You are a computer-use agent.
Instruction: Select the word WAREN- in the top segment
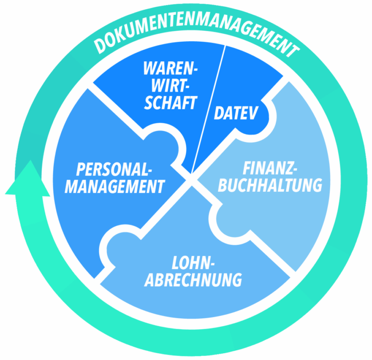(171, 69)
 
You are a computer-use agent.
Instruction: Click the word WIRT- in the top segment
(171, 86)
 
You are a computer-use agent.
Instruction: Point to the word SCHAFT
(171, 103)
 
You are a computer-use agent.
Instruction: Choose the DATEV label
(236, 113)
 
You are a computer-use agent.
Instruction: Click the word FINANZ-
(270, 168)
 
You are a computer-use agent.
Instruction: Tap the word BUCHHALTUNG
(270, 185)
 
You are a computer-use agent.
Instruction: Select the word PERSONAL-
(114, 169)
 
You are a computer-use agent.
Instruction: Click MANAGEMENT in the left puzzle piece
(115, 187)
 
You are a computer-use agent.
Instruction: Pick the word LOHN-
(191, 263)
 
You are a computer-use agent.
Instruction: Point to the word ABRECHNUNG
(193, 280)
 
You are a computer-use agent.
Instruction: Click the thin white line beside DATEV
(208, 109)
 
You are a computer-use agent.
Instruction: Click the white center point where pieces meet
(191, 180)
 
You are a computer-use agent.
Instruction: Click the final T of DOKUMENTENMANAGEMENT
(292, 50)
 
